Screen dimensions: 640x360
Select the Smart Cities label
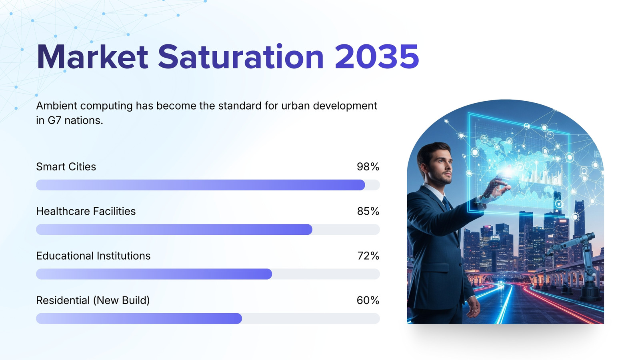coord(66,166)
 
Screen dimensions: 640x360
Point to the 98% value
coord(368,166)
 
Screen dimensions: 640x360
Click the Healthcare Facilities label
coord(86,211)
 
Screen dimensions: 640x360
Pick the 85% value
coord(368,211)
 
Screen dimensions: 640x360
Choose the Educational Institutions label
coord(93,256)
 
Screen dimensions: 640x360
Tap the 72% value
coord(368,256)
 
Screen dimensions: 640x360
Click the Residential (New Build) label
coord(93,300)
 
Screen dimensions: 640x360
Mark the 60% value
coord(368,300)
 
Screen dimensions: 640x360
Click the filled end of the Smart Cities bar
coord(362,185)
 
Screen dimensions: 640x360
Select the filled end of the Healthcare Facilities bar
coord(310,230)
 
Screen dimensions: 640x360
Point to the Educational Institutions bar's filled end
coord(270,274)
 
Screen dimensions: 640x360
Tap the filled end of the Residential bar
coord(240,318)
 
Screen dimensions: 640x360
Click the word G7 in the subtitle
coord(54,120)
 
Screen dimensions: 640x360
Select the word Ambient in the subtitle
coord(56,106)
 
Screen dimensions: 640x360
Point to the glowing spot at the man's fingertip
coord(508,172)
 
